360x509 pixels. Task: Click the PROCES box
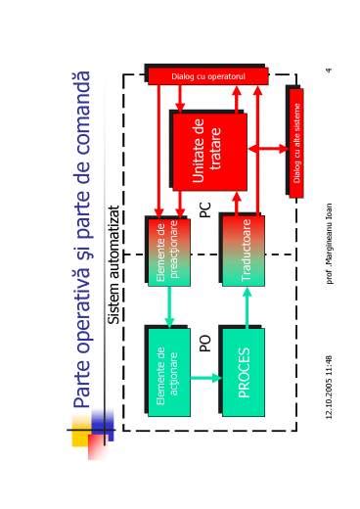pos(244,372)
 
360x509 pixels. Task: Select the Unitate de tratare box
pos(208,151)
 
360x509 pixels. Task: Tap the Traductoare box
pos(244,250)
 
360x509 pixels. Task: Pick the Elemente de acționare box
pos(168,372)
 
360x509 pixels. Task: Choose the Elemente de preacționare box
pos(168,251)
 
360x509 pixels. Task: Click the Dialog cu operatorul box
pos(207,76)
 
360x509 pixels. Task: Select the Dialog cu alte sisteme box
pos(296,143)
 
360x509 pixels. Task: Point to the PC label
pos(205,209)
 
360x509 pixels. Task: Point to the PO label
pos(205,343)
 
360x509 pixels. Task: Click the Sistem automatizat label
pos(114,264)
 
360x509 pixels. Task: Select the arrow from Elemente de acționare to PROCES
pos(205,377)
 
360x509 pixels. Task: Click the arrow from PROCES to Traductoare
pos(247,305)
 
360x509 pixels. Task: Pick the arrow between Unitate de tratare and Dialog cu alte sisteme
pos(267,149)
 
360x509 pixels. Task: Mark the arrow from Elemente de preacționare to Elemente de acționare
pos(169,305)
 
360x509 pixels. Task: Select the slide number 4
pos(330,69)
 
